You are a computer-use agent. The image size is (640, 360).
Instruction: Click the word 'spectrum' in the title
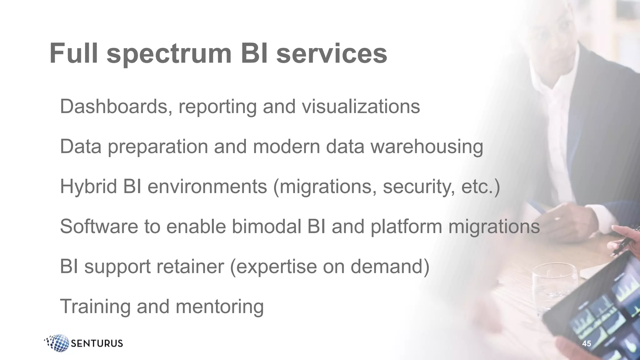(x=169, y=54)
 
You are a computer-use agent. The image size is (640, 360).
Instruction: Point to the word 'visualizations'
(x=361, y=107)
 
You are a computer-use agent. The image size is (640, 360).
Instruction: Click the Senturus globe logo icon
(x=58, y=343)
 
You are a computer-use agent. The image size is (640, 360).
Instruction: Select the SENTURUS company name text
(x=97, y=343)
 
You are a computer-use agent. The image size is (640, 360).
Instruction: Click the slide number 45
(x=587, y=343)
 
